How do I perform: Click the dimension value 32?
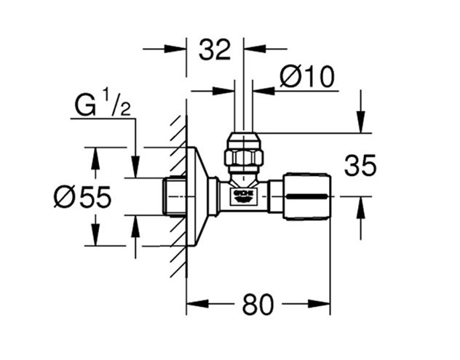tap(215, 50)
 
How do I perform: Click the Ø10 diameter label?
tap(307, 77)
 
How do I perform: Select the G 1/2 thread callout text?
tap(103, 105)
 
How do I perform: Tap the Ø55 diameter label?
tap(82, 196)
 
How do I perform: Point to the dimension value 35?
tap(360, 166)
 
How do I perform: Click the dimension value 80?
tap(258, 304)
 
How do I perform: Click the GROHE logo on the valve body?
tap(243, 196)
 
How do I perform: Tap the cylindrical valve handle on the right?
tap(307, 196)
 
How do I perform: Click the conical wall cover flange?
tap(197, 196)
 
